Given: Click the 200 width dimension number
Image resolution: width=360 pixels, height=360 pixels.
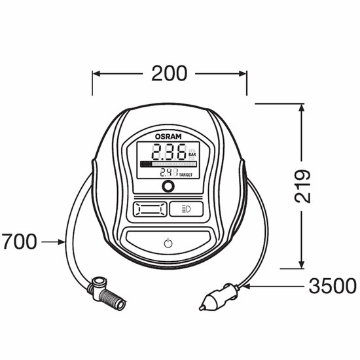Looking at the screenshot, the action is click(170, 73).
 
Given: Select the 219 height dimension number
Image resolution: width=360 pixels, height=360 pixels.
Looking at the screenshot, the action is click(302, 186).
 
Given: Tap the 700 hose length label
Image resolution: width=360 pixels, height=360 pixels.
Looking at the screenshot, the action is click(19, 242).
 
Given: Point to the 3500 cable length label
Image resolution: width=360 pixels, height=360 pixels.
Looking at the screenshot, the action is click(333, 286).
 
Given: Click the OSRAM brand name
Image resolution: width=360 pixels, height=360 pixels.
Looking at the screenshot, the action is click(168, 137).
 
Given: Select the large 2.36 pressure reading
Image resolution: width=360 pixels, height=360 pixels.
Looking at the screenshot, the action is click(170, 152).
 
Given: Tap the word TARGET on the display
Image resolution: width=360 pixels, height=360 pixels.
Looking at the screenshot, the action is click(186, 175).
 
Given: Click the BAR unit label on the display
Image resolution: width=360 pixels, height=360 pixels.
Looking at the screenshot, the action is click(192, 154).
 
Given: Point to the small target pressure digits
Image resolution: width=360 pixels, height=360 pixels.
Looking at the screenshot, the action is click(169, 172).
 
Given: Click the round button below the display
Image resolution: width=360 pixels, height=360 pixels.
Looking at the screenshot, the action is click(168, 186).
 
